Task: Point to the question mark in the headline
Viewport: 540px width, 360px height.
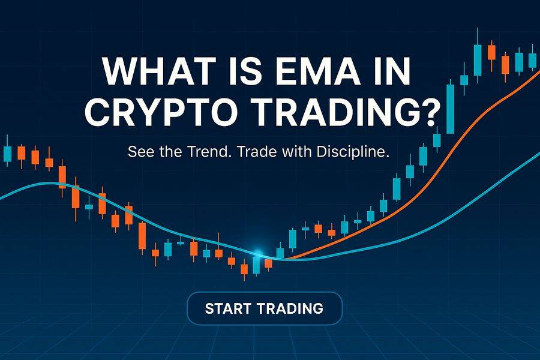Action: [427, 112]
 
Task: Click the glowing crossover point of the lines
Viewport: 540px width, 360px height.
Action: [259, 254]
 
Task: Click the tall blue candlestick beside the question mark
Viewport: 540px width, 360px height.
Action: [450, 108]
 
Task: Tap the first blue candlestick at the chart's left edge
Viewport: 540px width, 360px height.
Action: [7, 153]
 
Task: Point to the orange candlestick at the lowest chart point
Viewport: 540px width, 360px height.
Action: [244, 270]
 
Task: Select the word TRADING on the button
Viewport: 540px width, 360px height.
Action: [290, 309]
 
